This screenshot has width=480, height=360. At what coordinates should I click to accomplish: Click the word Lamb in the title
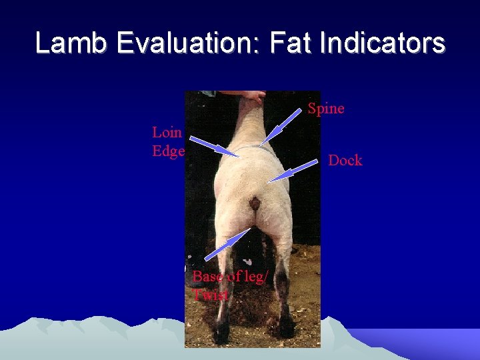coord(71,43)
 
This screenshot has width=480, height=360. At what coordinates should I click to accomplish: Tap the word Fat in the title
coord(291,43)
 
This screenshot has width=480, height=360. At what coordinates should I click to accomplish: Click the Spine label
coord(326,109)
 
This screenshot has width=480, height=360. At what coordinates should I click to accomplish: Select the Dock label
coord(345,161)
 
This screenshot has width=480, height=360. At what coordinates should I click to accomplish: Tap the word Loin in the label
coord(167,132)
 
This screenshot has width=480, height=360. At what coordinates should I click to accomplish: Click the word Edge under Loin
coord(168,151)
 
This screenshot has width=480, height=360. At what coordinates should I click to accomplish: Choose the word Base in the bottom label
coord(207,276)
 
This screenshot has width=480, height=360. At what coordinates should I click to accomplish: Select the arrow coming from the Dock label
coord(292,171)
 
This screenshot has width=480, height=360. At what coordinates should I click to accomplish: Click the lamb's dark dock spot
coord(255,203)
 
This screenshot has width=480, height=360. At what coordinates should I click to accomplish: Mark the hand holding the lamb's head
coord(251,98)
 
